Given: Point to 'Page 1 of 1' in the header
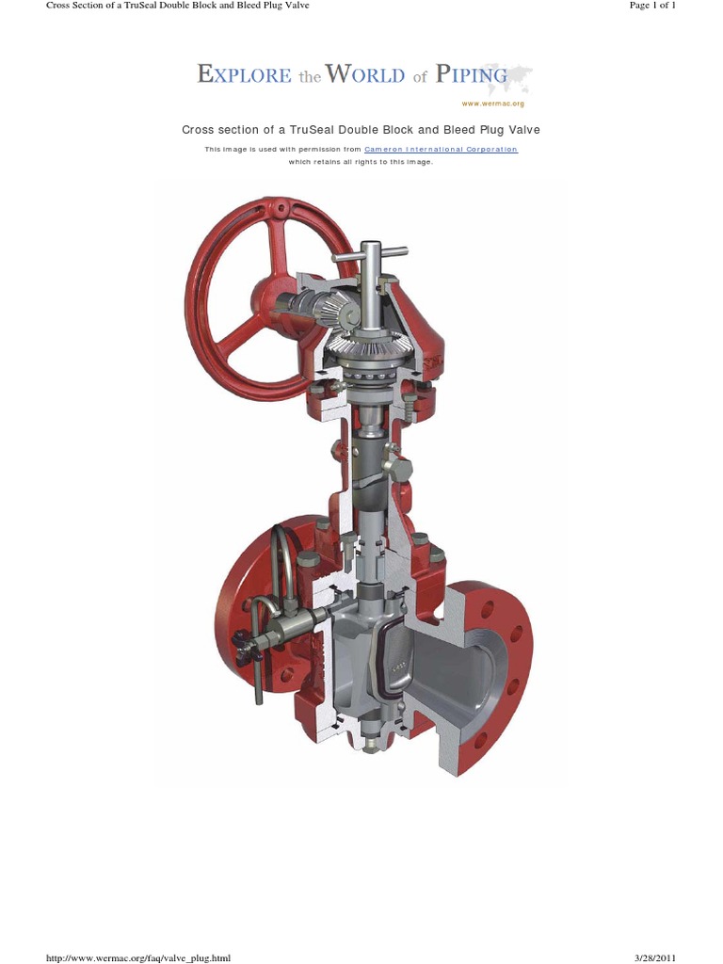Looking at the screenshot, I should [x=665, y=6].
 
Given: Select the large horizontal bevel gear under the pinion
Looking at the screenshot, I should [x=362, y=348].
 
